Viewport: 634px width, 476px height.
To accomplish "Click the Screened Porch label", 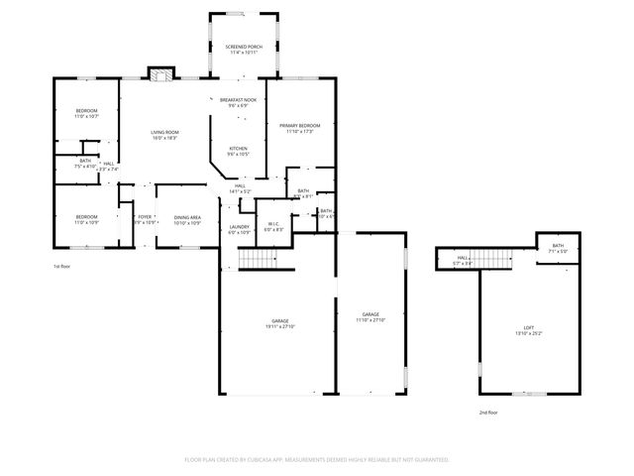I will click(242, 50).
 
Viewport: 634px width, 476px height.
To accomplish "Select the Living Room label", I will click(164, 135).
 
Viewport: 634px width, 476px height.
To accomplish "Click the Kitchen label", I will click(238, 151).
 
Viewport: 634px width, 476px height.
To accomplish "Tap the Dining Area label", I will click(188, 219).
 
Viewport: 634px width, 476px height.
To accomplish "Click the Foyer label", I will click(145, 219).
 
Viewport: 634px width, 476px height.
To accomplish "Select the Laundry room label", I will click(239, 229).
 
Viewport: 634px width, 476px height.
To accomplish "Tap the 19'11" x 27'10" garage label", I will click(280, 323).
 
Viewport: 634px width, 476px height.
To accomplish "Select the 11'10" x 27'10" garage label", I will click(370, 315).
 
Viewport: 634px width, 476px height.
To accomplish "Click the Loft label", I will click(529, 329).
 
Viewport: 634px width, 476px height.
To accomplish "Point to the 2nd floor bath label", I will click(558, 248).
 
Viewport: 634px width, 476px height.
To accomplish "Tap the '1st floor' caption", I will click(62, 267).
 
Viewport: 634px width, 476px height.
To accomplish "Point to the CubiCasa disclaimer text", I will click(317, 459).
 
